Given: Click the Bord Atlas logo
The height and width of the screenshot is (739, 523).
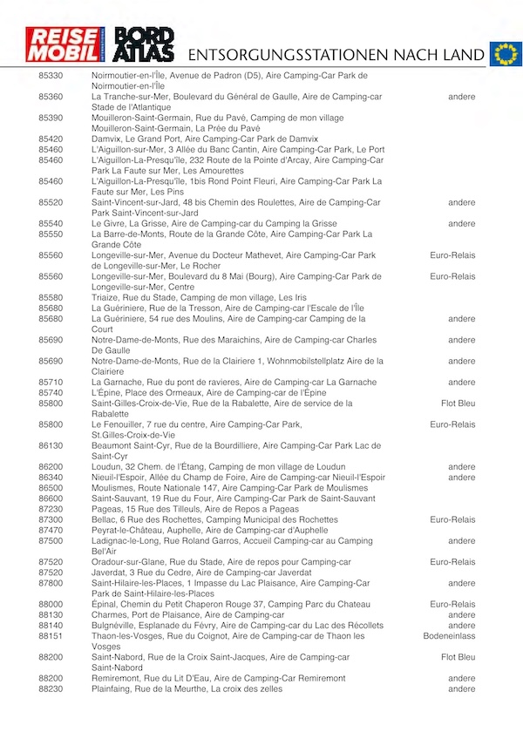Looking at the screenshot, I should click(145, 44).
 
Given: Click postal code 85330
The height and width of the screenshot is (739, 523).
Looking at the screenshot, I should click(51, 76).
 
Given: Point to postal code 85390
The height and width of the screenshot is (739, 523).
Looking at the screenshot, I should click(51, 118).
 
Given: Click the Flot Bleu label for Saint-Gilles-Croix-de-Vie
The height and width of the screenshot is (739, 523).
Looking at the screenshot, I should click(458, 403).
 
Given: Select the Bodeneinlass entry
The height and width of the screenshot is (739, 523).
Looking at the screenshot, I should click(449, 636).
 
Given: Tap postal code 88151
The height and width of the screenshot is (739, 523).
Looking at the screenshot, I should click(51, 636).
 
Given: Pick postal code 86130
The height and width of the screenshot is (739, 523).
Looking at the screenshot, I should click(51, 445).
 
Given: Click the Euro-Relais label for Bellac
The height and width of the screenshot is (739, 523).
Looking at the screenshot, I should click(452, 519).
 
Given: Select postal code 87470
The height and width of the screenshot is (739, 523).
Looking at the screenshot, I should click(51, 530).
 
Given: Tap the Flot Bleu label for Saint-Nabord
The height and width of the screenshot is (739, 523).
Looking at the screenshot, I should click(458, 657).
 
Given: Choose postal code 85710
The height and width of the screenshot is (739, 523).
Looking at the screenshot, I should click(51, 382).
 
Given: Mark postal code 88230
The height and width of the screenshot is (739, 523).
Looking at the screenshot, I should click(51, 688).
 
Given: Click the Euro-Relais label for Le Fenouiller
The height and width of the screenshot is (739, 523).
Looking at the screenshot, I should click(452, 424).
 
